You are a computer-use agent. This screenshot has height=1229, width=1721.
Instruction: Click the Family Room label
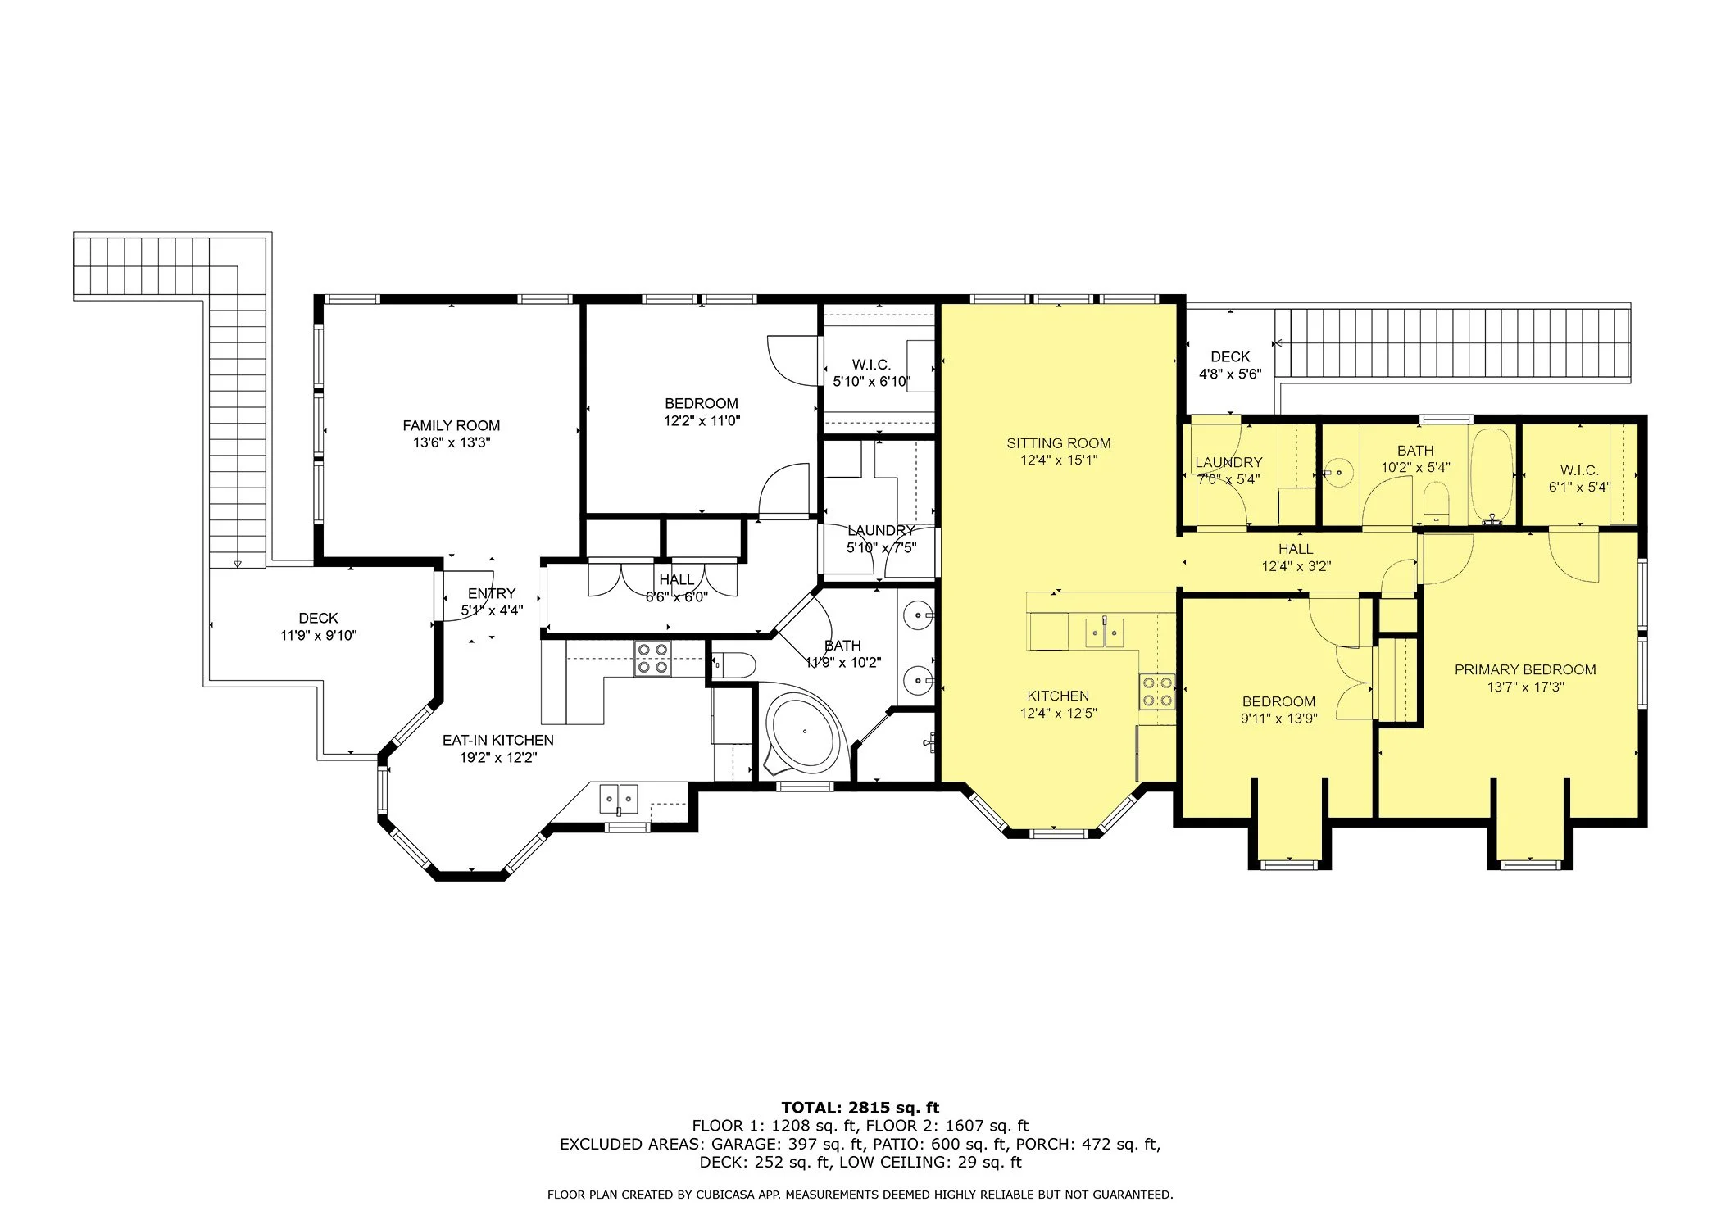[451, 425]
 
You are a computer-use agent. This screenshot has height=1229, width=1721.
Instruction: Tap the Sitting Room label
[1059, 443]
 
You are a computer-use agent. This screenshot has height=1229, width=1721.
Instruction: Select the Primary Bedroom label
[1525, 669]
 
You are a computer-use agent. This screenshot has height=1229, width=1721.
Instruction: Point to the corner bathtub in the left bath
[804, 732]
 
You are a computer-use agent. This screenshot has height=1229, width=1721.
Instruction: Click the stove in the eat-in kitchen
[652, 659]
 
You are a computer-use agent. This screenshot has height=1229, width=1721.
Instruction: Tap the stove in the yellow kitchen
[1156, 691]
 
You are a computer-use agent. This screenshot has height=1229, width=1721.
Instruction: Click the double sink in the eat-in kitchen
[619, 799]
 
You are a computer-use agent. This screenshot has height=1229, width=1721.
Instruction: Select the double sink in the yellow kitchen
[1104, 633]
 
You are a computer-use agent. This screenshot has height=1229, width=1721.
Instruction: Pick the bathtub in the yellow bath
[1492, 474]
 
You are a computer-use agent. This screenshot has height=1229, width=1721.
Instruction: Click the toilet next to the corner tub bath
[733, 664]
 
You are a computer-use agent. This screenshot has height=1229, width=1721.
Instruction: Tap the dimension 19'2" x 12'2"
[498, 758]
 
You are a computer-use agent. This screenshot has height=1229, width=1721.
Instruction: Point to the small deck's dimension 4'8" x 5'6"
[1230, 374]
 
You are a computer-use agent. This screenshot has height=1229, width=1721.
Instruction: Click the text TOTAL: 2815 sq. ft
[860, 1108]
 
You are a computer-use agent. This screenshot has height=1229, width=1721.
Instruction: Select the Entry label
[492, 593]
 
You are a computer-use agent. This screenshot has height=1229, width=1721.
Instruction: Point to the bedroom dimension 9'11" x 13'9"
[1278, 719]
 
